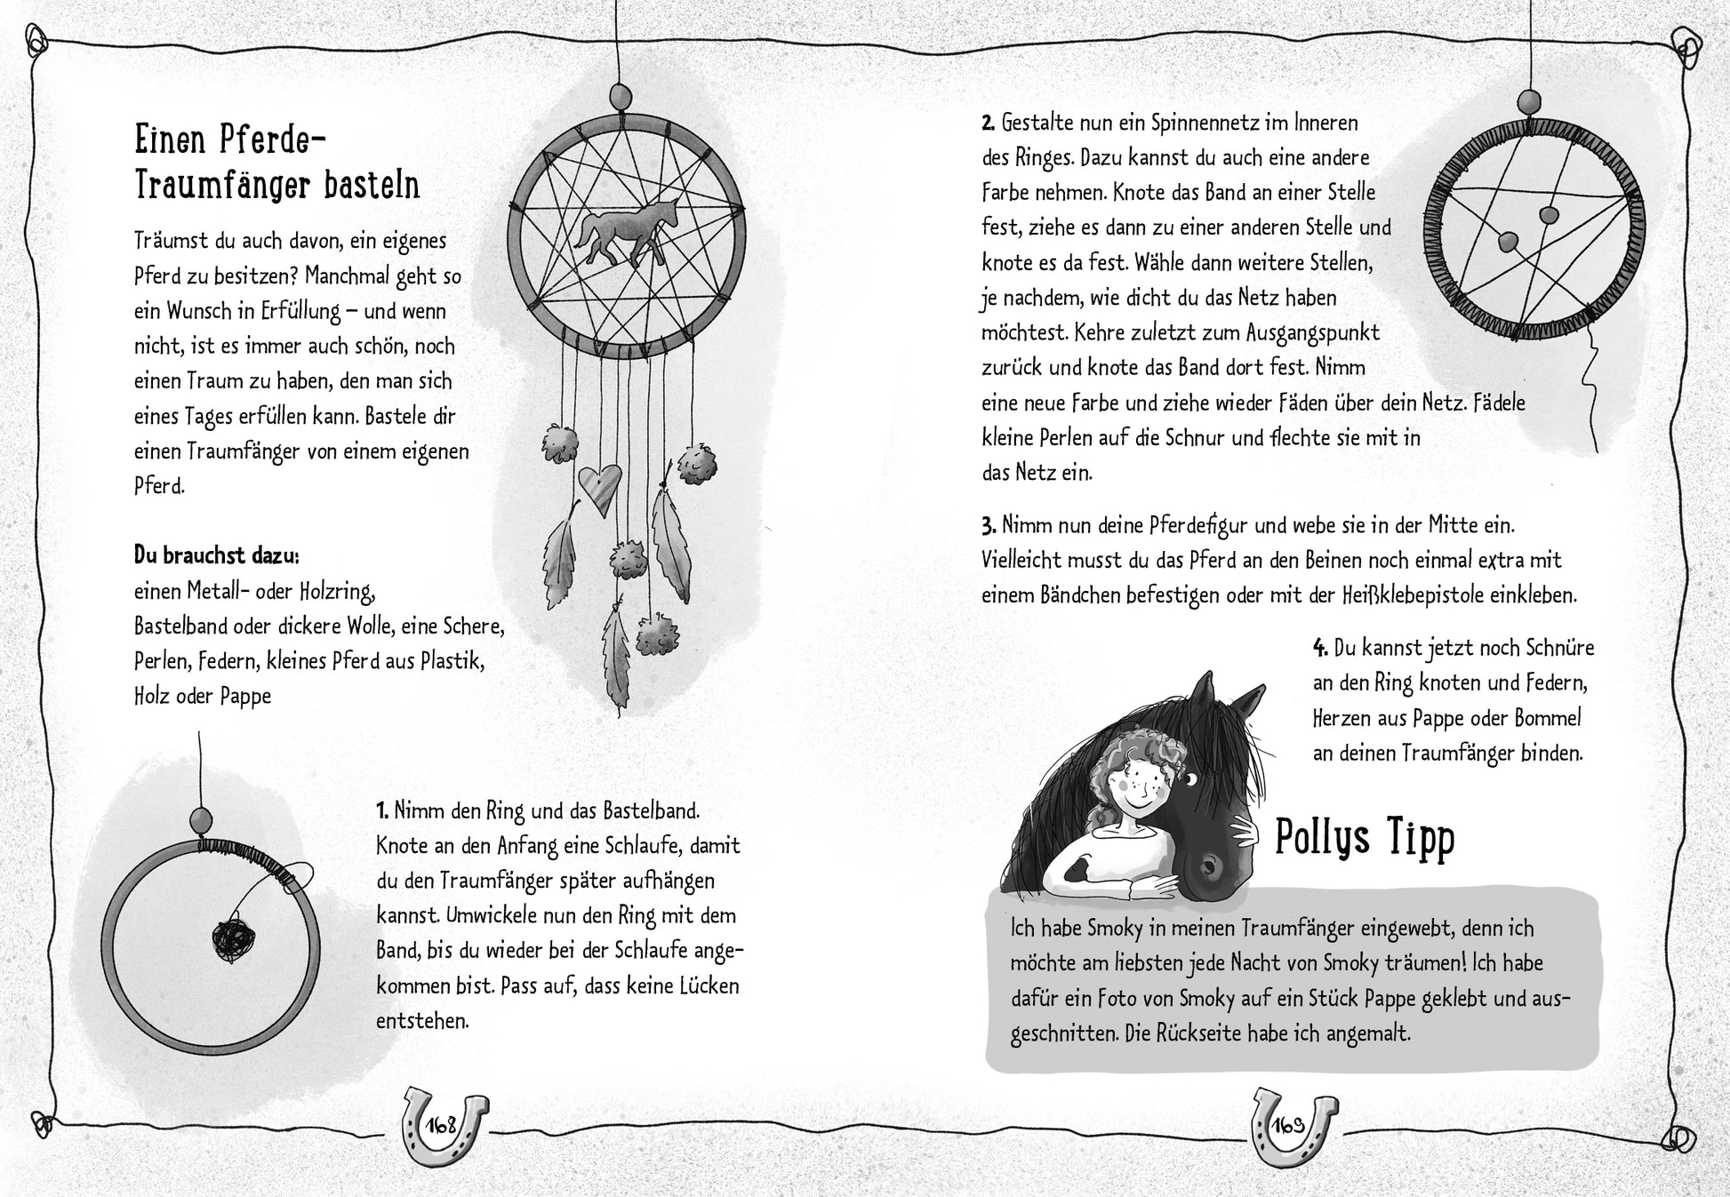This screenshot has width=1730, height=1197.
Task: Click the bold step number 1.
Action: click(x=382, y=810)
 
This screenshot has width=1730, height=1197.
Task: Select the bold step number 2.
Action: click(x=988, y=122)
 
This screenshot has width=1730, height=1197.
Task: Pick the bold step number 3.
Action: click(x=988, y=525)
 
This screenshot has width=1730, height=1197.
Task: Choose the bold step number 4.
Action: click(x=1320, y=649)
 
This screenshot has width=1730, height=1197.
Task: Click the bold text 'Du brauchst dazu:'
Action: click(x=216, y=555)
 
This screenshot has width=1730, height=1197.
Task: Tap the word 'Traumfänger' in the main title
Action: click(x=220, y=187)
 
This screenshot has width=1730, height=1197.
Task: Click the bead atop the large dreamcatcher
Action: click(x=620, y=93)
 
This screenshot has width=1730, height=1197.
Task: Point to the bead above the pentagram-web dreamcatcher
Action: click(x=1529, y=100)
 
